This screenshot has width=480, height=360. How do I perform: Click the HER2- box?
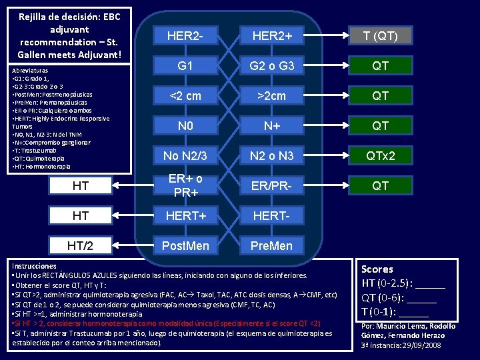tap(184, 35)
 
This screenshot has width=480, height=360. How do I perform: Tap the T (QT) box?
tap(381, 35)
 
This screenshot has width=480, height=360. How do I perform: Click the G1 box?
tap(184, 65)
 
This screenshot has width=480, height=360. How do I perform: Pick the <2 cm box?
tap(184, 95)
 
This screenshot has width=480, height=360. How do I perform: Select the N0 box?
tap(184, 125)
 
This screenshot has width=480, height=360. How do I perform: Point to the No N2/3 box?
tap(184, 155)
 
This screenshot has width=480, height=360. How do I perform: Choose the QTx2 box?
tap(381, 155)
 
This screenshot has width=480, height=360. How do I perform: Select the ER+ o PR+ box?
tap(184, 185)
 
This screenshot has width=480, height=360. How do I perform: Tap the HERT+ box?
tap(184, 215)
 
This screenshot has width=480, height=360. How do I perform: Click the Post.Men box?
tap(184, 245)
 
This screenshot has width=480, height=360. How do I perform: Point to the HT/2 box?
tap(81, 245)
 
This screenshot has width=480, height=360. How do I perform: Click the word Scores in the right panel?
tap(377, 269)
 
